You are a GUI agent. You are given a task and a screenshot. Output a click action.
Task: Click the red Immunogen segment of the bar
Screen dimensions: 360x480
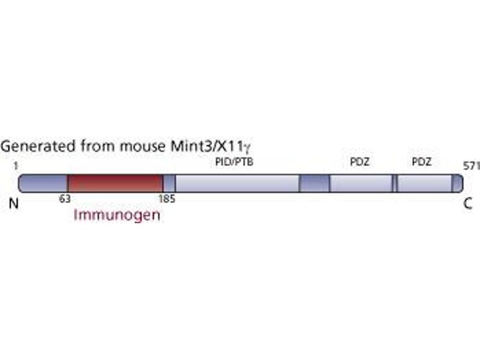click(115, 183)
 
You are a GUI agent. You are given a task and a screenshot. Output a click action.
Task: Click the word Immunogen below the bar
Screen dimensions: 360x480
click(117, 215)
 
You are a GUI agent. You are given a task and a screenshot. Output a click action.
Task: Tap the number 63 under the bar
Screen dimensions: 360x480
click(65, 199)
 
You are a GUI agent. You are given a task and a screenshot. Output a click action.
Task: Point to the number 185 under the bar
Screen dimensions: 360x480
click(167, 199)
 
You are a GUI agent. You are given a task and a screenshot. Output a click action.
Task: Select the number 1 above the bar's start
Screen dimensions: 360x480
click(14, 164)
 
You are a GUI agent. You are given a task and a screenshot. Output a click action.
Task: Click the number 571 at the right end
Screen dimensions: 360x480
click(472, 164)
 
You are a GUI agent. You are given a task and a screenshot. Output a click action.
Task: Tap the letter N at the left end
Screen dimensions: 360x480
click(14, 203)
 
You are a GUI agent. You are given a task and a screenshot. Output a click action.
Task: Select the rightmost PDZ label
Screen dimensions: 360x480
click(422, 161)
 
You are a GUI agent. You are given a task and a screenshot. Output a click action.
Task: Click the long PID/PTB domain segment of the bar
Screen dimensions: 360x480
click(237, 183)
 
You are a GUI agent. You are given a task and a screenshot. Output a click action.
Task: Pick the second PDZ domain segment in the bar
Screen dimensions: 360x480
click(424, 183)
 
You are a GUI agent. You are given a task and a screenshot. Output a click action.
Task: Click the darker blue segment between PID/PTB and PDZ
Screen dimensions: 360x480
click(314, 183)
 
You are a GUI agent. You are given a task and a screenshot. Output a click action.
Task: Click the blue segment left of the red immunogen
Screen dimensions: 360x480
click(43, 183)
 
